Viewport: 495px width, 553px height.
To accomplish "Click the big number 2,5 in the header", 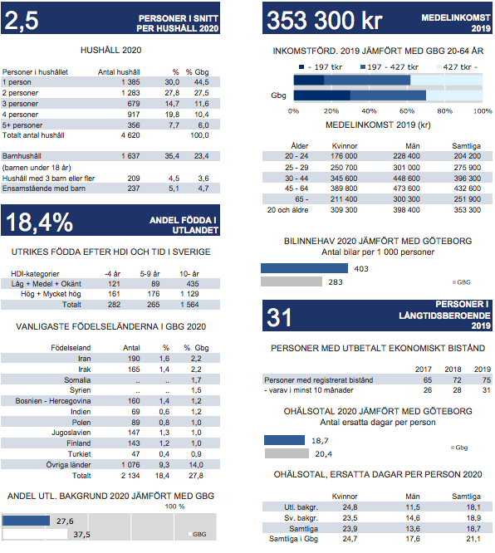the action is click(22, 20).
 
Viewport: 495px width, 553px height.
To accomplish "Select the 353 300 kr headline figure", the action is click(325, 20).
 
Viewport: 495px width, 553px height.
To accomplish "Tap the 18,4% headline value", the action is click(40, 223).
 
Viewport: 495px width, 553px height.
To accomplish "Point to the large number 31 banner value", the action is click(279, 317).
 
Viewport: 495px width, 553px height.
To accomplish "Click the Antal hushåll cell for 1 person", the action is click(130, 82).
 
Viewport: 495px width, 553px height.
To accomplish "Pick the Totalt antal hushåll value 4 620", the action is click(130, 135).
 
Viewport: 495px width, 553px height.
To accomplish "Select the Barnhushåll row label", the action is click(22, 156).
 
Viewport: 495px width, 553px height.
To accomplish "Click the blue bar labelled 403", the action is click(304, 268).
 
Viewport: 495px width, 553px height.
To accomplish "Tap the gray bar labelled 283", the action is click(292, 281).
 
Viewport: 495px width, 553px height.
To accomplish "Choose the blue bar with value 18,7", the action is click(284, 440).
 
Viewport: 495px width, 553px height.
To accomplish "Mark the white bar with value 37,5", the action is click(35, 534).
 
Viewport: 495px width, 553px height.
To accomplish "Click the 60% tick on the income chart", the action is click(407, 111).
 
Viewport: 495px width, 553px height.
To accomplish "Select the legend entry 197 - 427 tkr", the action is click(390, 67).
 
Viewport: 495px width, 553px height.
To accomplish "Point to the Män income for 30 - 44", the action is click(406, 178).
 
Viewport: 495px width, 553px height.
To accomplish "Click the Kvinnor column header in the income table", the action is click(345, 146).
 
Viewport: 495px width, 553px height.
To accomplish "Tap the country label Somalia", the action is click(77, 379).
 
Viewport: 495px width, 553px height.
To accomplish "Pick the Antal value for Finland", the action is click(134, 443).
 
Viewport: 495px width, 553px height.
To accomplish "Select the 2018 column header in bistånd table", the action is click(453, 369).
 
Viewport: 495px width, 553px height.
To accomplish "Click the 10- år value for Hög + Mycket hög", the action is click(189, 294).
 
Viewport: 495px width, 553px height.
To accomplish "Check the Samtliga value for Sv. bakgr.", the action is click(473, 518).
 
